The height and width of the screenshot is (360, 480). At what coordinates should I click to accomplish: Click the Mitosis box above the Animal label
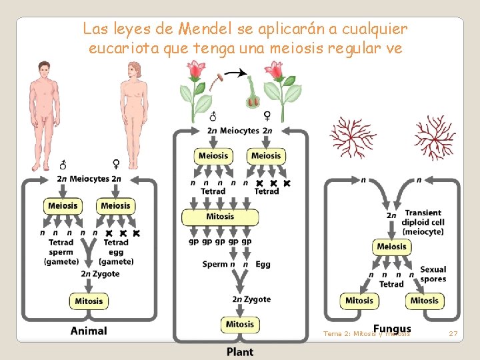tap(89, 301)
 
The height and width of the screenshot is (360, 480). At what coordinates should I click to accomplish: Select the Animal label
tap(89, 331)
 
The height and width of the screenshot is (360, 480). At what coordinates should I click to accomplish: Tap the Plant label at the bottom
tap(240, 351)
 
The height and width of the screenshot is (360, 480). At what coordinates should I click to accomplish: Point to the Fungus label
tap(392, 329)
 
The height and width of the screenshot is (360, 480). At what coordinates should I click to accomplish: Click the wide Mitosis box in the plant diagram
tap(220, 217)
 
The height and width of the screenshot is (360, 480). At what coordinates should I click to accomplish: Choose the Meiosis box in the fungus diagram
tap(391, 247)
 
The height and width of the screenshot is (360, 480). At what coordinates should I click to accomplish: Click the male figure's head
tap(45, 70)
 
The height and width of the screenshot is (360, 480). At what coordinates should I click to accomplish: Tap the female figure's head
tap(135, 70)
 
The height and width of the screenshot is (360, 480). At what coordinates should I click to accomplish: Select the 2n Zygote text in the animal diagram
tap(101, 274)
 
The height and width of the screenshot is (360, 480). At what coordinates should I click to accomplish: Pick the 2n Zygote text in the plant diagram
tap(251, 299)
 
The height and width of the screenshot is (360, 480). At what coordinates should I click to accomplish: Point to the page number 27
tap(453, 333)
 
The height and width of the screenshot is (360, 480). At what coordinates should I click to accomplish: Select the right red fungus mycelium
tap(435, 137)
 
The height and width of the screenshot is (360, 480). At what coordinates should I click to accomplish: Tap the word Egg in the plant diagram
tap(263, 265)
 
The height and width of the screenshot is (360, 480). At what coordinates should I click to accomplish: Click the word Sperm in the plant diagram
tap(215, 265)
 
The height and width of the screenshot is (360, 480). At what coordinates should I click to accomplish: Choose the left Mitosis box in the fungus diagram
tap(359, 301)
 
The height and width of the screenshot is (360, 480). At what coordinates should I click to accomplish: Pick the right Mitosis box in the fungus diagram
tap(424, 301)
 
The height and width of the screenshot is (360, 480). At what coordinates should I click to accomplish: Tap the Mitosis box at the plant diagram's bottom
tap(240, 325)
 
